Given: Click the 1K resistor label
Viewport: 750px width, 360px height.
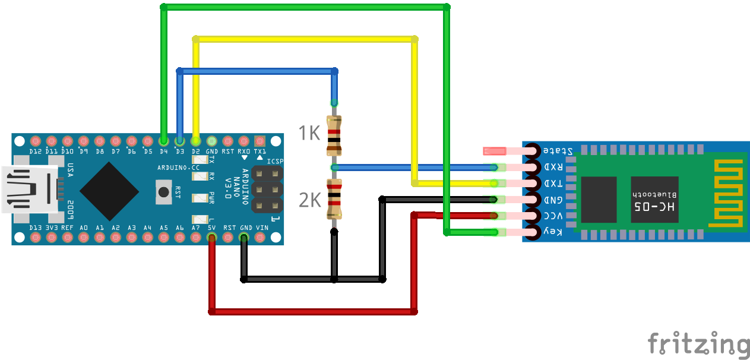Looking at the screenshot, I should [x=309, y=132].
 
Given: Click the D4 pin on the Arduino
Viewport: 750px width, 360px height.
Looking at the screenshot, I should [x=164, y=141].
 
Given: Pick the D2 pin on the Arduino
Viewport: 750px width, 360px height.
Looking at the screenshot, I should [x=196, y=141].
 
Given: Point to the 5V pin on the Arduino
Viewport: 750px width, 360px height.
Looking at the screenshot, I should [x=211, y=238].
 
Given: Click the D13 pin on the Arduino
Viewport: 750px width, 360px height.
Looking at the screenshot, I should [x=35, y=238].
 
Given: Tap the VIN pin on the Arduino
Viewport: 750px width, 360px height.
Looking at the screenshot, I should [x=260, y=238].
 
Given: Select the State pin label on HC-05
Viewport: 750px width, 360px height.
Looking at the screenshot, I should [x=559, y=151].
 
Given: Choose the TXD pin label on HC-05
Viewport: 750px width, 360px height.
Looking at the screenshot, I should [x=553, y=184].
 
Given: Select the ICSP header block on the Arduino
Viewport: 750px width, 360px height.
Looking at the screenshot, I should [x=267, y=190].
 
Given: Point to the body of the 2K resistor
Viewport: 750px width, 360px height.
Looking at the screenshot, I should [x=334, y=198].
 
